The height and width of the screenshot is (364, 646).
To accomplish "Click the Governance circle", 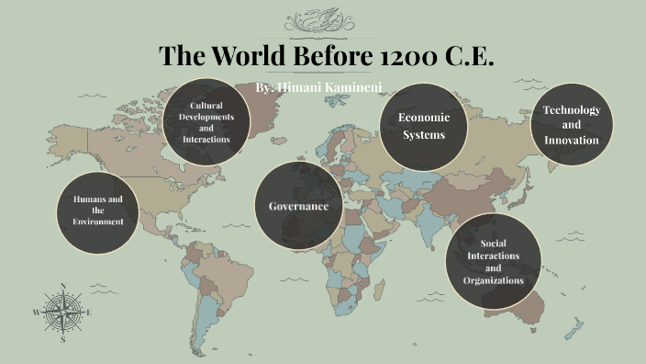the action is (298, 207).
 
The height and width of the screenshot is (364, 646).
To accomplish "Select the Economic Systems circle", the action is (423, 126).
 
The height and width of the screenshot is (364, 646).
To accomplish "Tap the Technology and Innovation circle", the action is (571, 125).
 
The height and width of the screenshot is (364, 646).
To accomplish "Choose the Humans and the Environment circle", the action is (97, 210).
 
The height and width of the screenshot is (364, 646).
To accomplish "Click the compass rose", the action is (62, 313).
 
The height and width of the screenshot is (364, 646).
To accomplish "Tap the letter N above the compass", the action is (62, 286).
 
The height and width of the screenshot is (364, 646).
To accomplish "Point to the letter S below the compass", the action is (62, 339).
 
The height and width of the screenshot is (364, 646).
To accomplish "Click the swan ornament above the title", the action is (324, 20).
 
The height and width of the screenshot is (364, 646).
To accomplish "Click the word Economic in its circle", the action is (423, 117).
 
